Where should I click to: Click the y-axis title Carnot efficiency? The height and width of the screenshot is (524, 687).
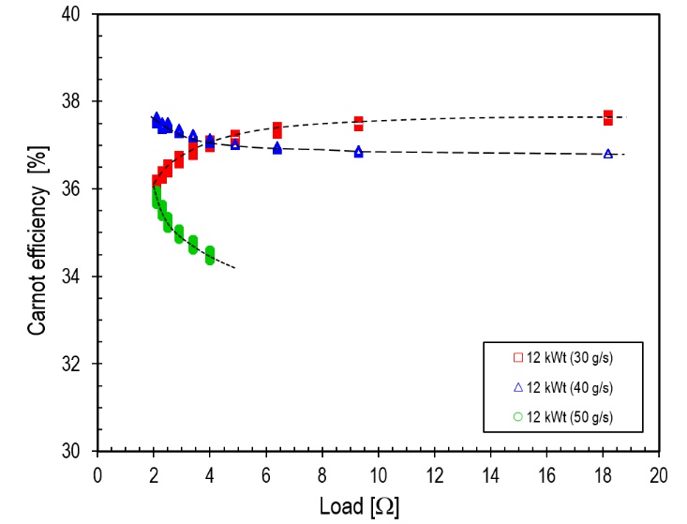click(x=37, y=232)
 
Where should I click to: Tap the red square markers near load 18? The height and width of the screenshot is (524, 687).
click(x=608, y=117)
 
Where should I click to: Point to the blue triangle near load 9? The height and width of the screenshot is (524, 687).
click(x=358, y=152)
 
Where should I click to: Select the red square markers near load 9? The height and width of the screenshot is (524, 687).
click(x=358, y=124)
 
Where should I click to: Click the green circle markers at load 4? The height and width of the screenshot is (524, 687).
click(x=210, y=254)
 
